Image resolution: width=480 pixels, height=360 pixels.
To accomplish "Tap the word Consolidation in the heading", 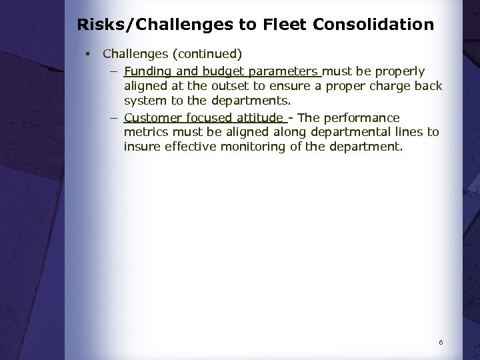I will pyautogui.click(x=373, y=25).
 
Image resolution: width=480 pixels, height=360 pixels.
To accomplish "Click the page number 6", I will pyautogui.click(x=441, y=342).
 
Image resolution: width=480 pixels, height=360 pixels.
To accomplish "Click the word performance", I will pyautogui.click(x=362, y=117).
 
